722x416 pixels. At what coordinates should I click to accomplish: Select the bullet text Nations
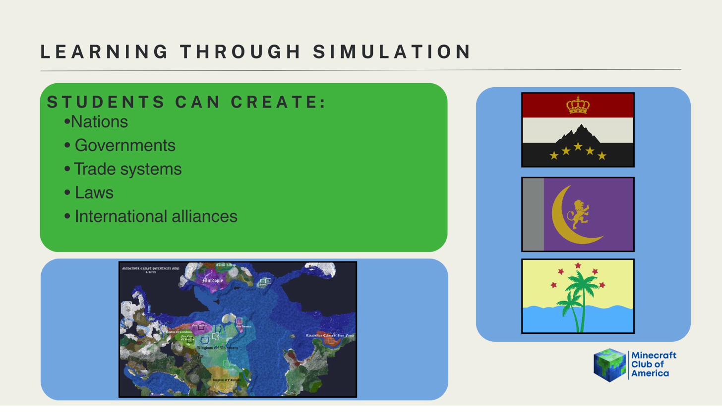pyautogui.click(x=99, y=122)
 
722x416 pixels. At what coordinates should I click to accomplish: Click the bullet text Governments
pyautogui.click(x=125, y=146)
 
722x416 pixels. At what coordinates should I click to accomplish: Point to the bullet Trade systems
pyautogui.click(x=127, y=169)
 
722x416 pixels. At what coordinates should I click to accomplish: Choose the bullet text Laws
pyautogui.click(x=94, y=193)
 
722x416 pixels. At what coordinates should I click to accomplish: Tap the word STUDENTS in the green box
pyautogui.click(x=106, y=102)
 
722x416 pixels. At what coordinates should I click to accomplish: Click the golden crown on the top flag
pyautogui.click(x=578, y=105)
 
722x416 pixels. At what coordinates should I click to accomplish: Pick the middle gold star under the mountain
pyautogui.click(x=578, y=147)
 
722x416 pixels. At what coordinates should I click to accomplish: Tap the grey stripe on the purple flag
pyautogui.click(x=533, y=214)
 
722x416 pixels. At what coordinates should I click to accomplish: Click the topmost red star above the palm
pyautogui.click(x=578, y=266)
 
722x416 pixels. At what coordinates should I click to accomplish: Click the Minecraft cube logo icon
pyautogui.click(x=609, y=365)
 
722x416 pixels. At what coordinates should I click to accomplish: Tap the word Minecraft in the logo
pyautogui.click(x=654, y=356)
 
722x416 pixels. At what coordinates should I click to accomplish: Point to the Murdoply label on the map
pyautogui.click(x=213, y=280)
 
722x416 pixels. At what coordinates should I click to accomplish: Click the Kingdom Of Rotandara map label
pyautogui.click(x=217, y=348)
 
